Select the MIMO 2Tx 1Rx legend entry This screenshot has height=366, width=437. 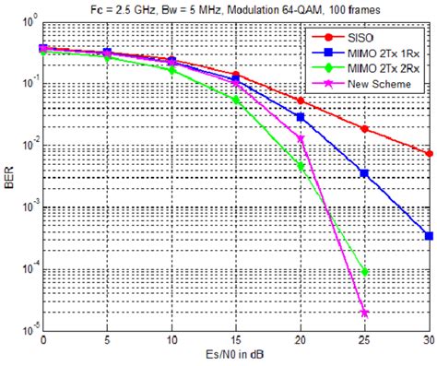[x=369, y=53]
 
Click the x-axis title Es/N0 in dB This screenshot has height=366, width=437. [x=235, y=357]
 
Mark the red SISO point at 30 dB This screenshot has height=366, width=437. [x=429, y=153]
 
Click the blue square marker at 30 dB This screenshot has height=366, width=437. [x=429, y=235]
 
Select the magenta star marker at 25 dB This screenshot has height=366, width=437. [x=365, y=313]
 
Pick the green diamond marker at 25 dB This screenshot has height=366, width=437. [x=365, y=271]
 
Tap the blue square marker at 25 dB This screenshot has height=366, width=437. [x=365, y=172]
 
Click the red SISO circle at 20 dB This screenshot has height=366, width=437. [x=301, y=100]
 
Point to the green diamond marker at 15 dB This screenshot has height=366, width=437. [x=236, y=99]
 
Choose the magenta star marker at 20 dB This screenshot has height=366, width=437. [x=301, y=138]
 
